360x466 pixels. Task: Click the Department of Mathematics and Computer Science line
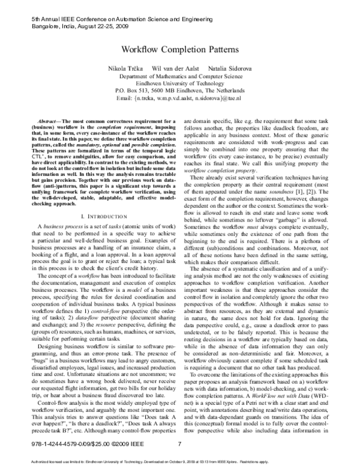180,78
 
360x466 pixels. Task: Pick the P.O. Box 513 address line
180,91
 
